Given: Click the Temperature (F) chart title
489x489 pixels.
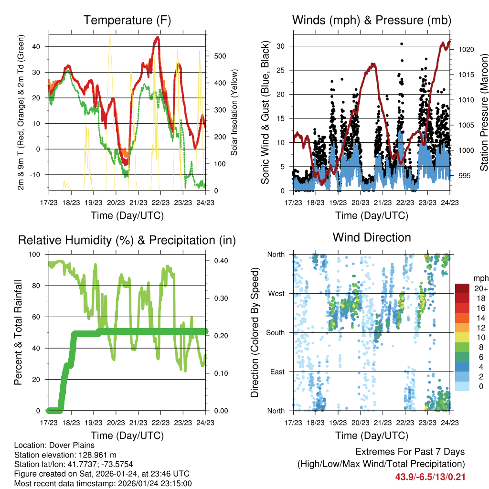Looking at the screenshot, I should [x=127, y=20].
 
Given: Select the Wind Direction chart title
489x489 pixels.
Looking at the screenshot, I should [x=372, y=237].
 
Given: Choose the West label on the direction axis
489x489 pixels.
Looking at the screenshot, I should [x=276, y=293].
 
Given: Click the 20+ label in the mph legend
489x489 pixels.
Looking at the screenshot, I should [x=480, y=288].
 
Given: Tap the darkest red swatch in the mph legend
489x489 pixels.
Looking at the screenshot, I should [x=462, y=288].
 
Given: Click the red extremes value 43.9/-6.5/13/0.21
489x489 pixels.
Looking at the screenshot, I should [x=430, y=477].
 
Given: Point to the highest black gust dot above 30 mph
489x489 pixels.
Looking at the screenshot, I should [x=402, y=43].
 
